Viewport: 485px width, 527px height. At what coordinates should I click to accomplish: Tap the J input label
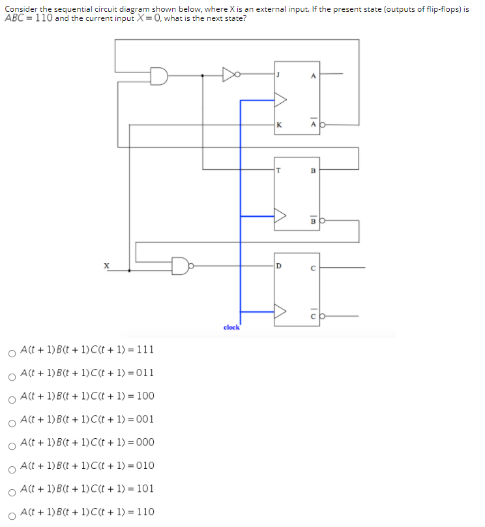[278, 75]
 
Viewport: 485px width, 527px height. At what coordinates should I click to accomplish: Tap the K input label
[279, 124]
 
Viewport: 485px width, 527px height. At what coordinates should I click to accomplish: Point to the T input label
[278, 171]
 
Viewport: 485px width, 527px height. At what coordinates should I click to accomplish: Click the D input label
[279, 266]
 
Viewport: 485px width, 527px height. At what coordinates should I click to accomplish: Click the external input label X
[106, 266]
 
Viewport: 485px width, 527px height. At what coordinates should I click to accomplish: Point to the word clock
[232, 327]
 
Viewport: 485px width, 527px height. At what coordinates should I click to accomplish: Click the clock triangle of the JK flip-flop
[280, 100]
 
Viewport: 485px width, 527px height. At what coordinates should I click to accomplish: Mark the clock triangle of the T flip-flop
[280, 216]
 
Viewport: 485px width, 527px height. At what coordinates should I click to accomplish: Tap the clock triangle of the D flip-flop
[280, 312]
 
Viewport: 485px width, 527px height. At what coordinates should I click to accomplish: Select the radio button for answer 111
[12, 355]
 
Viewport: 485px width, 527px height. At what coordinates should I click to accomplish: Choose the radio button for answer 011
[12, 378]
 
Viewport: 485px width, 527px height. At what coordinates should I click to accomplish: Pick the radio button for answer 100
[12, 401]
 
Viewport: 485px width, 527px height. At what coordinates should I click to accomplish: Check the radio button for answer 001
[12, 424]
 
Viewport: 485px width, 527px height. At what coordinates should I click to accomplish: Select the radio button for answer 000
[12, 447]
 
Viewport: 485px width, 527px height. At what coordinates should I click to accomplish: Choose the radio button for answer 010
[12, 470]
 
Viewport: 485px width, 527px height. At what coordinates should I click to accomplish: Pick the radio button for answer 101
[12, 494]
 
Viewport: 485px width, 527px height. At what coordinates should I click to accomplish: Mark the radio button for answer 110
[12, 517]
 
